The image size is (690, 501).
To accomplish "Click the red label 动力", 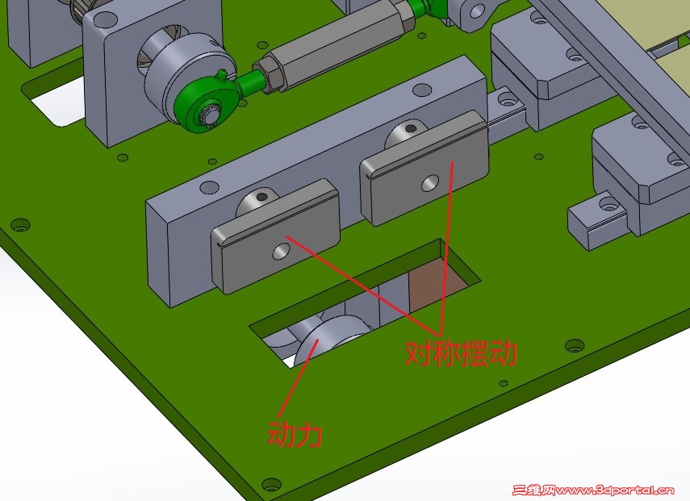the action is click(295, 435).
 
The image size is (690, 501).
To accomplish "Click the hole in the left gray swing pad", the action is click(282, 252).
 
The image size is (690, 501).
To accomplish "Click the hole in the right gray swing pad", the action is click(430, 183).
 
